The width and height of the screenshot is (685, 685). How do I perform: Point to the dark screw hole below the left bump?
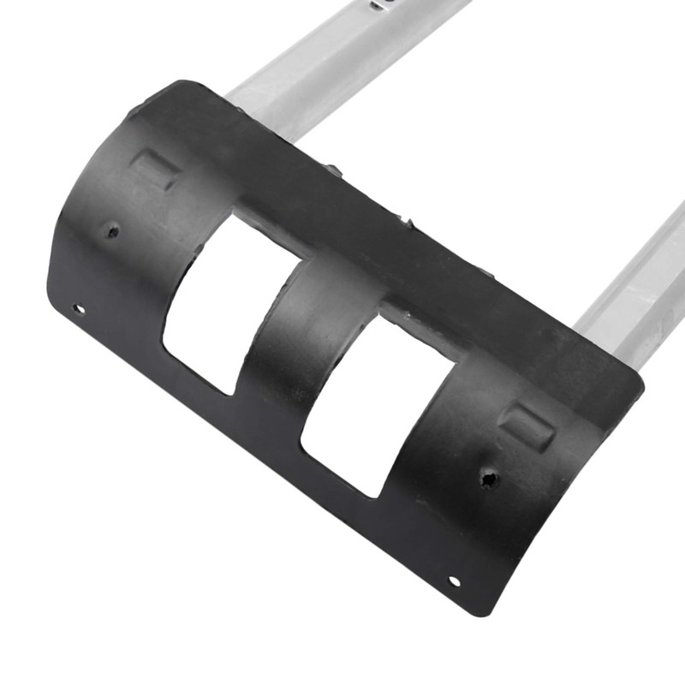tap(111, 230)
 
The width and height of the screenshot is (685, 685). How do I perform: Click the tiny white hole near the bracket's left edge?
tap(78, 308)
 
